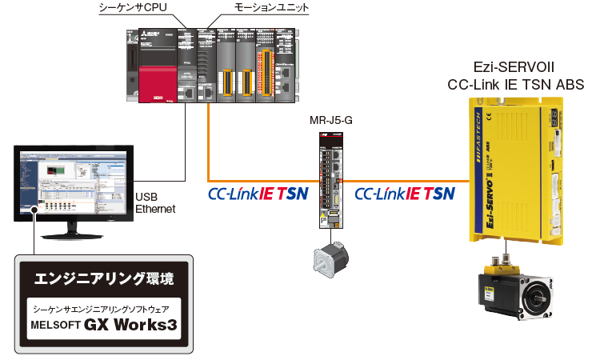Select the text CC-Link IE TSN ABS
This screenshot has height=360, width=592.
pyautogui.click(x=515, y=84)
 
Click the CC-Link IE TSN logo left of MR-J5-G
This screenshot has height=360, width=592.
pyautogui.click(x=258, y=194)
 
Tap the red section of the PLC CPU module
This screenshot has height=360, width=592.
pyautogui.click(x=156, y=81)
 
